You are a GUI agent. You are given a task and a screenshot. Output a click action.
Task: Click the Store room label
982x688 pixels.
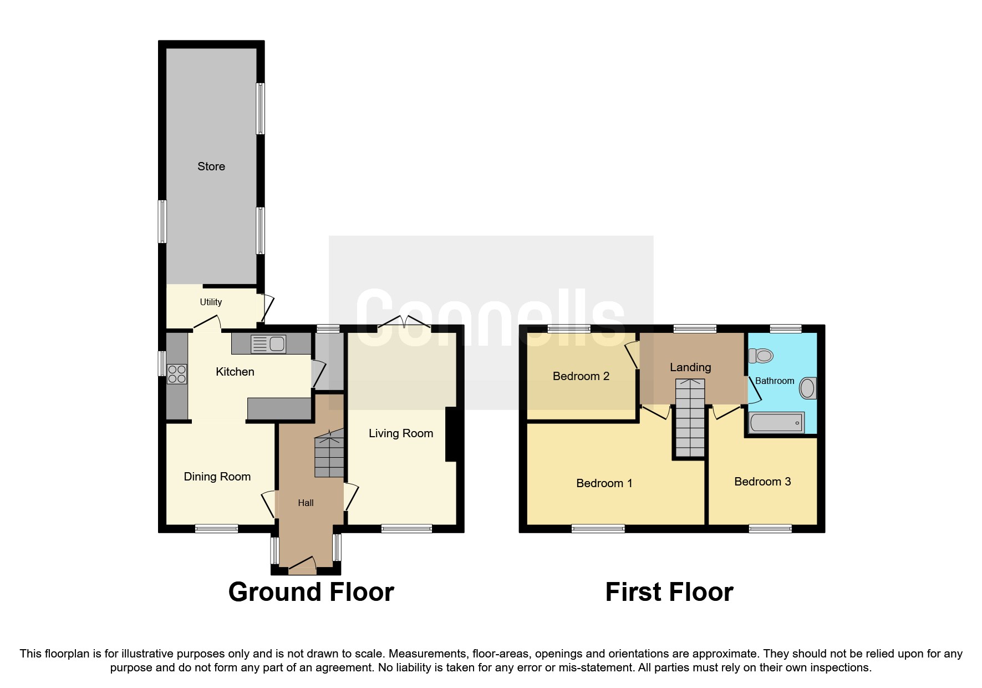point(211,166)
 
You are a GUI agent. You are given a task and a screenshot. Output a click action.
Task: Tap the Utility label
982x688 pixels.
point(211,302)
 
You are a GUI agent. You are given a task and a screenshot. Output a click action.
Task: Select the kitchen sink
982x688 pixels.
point(269,344)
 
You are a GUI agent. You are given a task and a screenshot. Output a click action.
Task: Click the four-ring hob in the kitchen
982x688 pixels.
point(177,374)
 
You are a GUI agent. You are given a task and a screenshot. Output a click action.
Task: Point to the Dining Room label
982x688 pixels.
point(217,477)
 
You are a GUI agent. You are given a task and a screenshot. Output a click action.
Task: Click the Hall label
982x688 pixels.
point(306,503)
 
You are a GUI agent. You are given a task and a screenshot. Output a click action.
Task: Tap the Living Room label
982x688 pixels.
point(400,433)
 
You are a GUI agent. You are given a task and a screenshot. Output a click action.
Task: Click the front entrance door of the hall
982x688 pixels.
point(302,565)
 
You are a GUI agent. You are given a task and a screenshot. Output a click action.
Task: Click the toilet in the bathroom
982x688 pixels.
point(761,355)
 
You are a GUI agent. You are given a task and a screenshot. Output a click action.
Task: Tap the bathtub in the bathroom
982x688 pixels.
point(776,423)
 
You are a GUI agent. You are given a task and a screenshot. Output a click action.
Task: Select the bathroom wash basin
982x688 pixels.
point(807,388)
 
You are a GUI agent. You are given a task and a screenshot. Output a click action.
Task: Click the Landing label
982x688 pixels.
point(690,367)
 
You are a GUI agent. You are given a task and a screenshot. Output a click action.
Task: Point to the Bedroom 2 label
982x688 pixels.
point(581,376)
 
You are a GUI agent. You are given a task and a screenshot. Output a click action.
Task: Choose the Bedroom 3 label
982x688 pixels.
point(762,482)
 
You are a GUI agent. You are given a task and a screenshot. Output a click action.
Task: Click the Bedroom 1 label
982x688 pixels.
point(604,483)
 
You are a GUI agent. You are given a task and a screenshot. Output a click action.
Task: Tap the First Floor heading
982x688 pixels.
point(669,592)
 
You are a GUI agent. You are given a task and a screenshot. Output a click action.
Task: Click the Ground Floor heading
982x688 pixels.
point(311,592)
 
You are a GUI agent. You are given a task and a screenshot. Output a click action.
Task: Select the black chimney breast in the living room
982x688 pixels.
point(451,434)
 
